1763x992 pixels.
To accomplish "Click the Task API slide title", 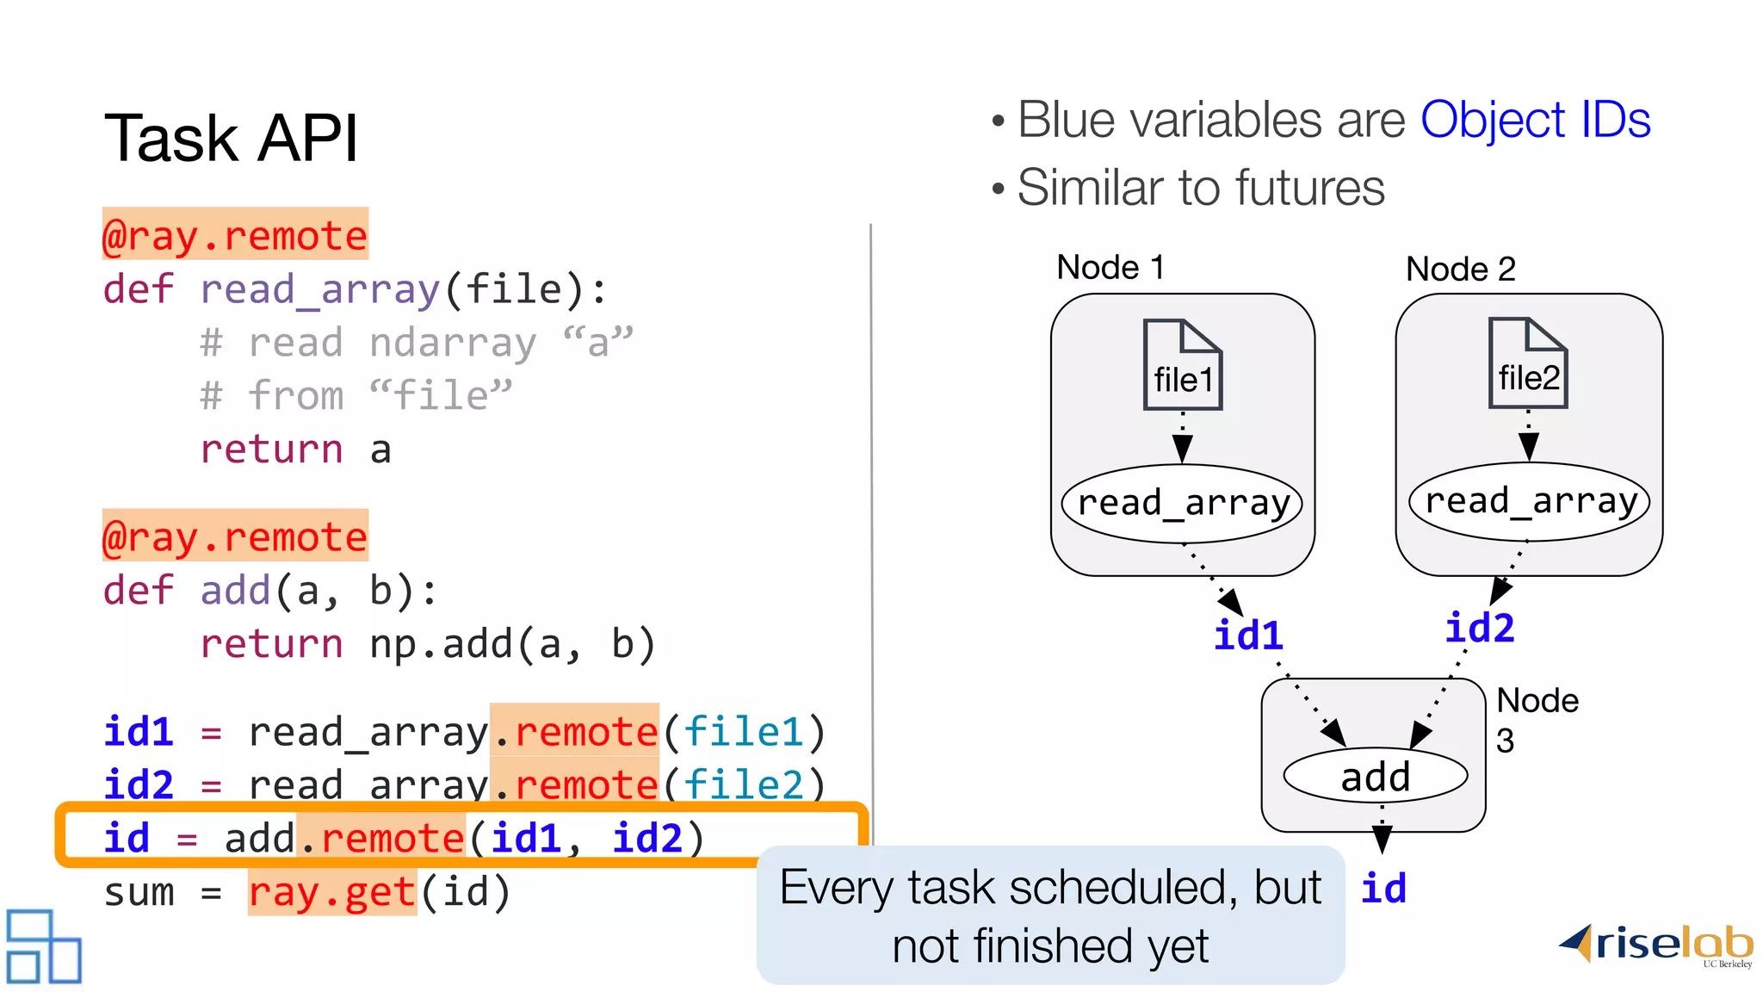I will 231,138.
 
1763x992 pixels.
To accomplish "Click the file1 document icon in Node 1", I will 1183,365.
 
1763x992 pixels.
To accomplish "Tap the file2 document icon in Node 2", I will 1528,363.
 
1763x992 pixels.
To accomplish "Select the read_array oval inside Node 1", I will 1183,503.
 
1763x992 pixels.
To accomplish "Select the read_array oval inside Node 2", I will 1529,501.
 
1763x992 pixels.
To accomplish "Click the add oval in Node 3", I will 1375,776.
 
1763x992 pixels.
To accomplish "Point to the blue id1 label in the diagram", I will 1248,635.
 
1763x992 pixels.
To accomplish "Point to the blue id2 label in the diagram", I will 1479,628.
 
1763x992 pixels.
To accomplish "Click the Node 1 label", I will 1110,268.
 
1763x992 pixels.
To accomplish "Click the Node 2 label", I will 1460,270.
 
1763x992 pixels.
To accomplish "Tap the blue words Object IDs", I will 1535,120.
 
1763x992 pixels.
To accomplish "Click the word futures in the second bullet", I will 1308,188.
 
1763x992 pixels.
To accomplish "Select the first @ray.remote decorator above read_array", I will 235,234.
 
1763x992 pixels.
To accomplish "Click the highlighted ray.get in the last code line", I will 332,892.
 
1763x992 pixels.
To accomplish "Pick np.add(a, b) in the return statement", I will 512,644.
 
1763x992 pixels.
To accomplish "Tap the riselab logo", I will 1657,945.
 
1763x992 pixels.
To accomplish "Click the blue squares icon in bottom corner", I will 43,946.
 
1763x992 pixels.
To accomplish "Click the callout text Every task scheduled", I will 1049,888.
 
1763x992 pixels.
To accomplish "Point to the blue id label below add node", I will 1383,888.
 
